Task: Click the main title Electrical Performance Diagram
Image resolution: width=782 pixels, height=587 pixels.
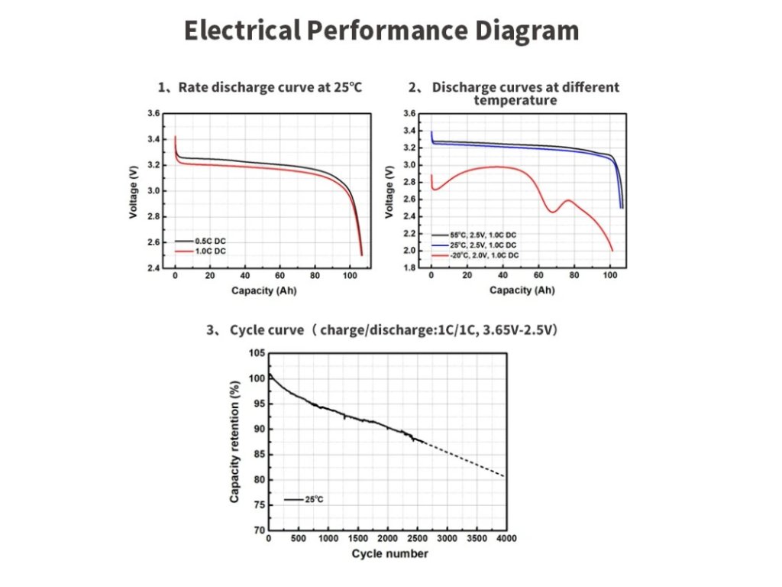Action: (381, 31)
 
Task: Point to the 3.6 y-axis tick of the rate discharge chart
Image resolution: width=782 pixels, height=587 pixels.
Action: (153, 114)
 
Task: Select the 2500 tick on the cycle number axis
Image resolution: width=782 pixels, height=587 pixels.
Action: (417, 539)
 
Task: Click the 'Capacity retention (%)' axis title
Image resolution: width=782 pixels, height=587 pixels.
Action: (234, 443)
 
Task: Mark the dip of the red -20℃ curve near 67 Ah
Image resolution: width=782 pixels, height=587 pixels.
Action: (551, 212)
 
